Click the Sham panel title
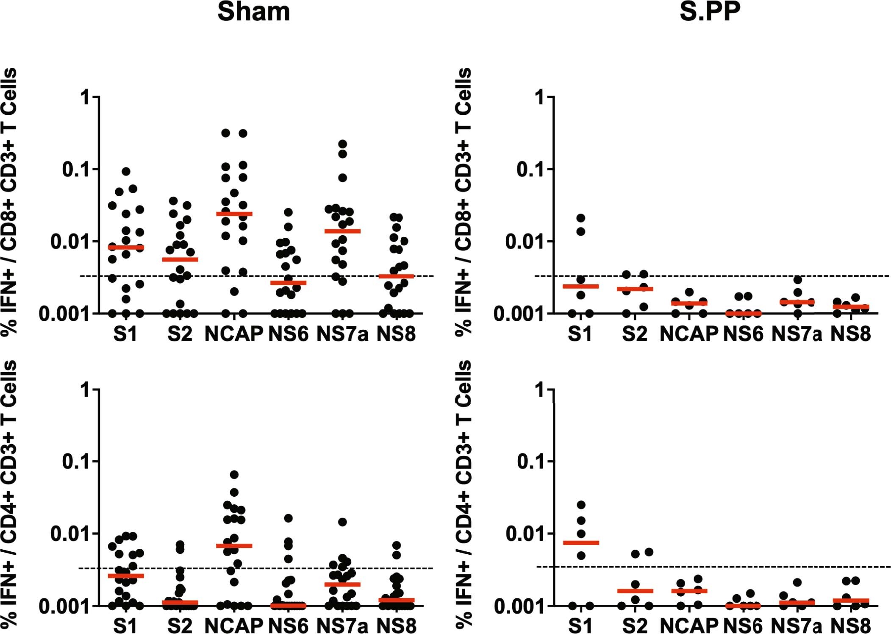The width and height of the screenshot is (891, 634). [x=253, y=11]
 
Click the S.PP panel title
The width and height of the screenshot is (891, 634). [x=710, y=11]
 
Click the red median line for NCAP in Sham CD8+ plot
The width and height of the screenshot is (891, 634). [x=234, y=214]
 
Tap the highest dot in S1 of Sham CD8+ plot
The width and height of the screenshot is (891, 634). [x=126, y=171]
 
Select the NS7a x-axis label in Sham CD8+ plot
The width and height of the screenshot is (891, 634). [x=342, y=334]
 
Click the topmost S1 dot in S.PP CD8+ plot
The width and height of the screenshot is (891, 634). [x=581, y=218]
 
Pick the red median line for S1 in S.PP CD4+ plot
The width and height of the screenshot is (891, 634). [x=581, y=542]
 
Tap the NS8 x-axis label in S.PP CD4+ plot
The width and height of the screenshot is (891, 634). [x=850, y=626]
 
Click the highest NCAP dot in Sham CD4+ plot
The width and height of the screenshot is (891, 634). [x=234, y=474]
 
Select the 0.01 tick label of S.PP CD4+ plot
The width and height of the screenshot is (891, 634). [x=524, y=534]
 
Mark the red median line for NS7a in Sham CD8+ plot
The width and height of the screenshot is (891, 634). [x=342, y=231]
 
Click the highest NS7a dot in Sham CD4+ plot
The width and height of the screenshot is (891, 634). [x=342, y=522]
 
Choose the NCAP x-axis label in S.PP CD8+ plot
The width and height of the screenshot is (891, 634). [x=688, y=334]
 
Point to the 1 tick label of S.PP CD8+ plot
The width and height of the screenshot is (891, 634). [x=539, y=98]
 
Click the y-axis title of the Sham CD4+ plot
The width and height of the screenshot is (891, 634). [x=9, y=494]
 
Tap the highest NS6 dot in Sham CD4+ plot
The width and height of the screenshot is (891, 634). [x=288, y=518]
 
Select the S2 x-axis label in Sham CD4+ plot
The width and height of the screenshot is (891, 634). [x=180, y=626]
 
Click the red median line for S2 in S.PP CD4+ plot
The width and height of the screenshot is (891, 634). [x=635, y=591]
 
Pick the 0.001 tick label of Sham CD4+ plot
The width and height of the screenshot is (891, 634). [x=65, y=606]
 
